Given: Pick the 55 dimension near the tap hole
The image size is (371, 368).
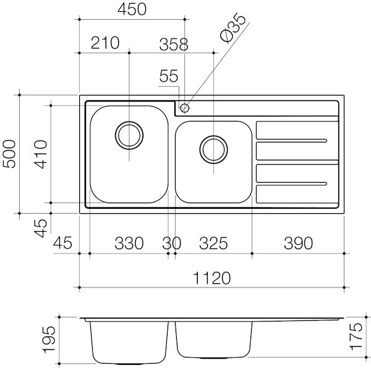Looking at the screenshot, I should [x=168, y=76].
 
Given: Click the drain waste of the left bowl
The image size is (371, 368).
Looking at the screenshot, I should [x=129, y=136].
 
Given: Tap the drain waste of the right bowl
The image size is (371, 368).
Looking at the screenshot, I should [x=213, y=148].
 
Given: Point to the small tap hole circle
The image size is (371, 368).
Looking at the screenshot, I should [x=185, y=108].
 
